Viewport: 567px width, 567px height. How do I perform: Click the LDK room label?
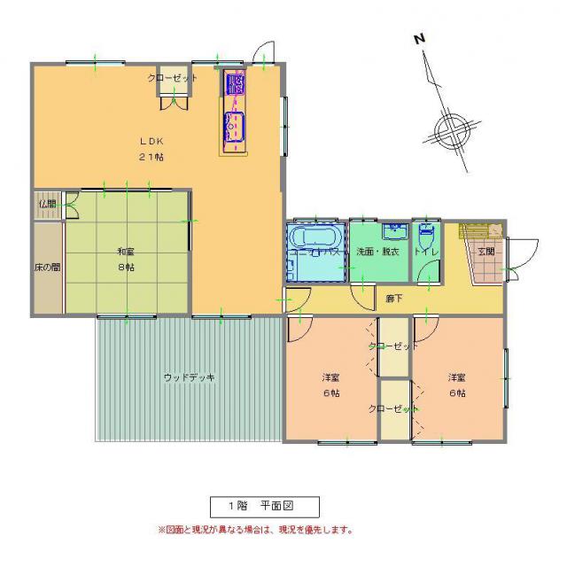[x=149, y=141]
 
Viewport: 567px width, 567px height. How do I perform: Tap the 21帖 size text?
[x=150, y=157]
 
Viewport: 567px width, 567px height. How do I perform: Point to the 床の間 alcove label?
[x=47, y=266]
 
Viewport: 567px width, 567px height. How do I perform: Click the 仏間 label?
[x=47, y=203]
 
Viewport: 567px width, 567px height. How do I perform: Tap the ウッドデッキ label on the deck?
[x=190, y=377]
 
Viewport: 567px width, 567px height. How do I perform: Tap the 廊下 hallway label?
[x=393, y=298]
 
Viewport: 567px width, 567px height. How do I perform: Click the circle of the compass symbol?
[x=451, y=130]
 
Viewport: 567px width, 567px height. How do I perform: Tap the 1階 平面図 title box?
[x=263, y=506]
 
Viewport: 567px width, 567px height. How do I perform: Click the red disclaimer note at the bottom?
[x=255, y=531]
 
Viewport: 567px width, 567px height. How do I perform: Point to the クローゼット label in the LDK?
[x=172, y=78]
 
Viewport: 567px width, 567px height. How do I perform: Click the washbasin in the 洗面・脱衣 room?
[x=393, y=232]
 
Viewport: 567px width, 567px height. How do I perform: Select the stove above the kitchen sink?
[x=236, y=84]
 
